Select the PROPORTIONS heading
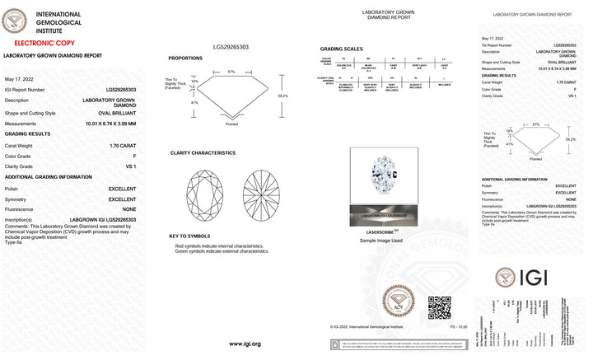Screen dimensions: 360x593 [185, 58]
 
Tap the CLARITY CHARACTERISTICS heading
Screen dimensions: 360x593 [203, 152]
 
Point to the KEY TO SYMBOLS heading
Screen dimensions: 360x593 [189, 236]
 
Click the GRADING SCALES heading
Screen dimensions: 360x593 [341, 49]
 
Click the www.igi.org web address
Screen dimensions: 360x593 [245, 344]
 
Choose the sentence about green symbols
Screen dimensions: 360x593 [222, 251]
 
